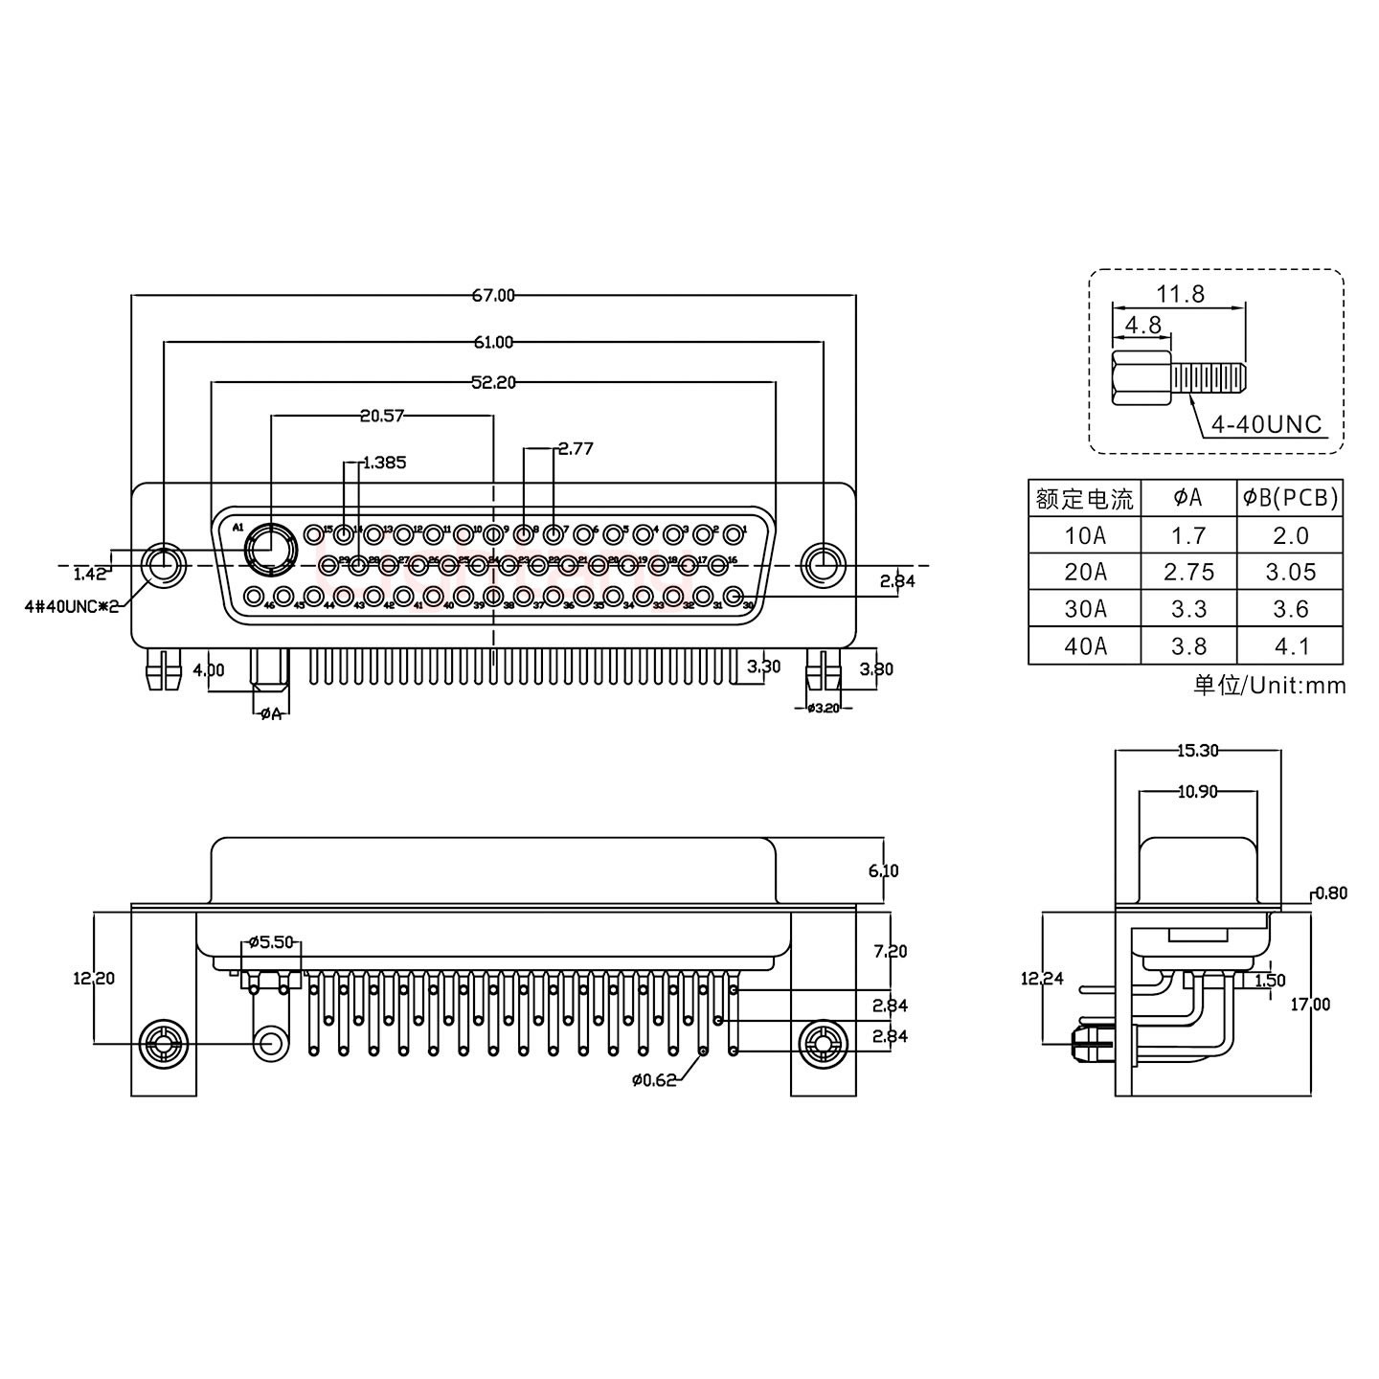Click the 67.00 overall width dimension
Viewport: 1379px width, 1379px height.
tap(493, 296)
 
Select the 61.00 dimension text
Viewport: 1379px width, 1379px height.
tap(493, 342)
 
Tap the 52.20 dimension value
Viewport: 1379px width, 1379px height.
tap(493, 383)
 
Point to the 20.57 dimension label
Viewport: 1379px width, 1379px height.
tap(382, 416)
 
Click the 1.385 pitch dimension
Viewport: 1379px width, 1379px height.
tap(384, 463)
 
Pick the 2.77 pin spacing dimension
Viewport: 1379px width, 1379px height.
tap(576, 448)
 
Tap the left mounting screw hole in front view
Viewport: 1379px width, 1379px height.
tap(164, 565)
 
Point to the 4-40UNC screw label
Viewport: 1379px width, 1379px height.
tap(1266, 425)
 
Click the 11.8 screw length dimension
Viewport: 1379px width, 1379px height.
tap(1180, 294)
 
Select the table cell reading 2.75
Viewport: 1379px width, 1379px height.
tap(1188, 573)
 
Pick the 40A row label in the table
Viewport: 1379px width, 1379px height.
tap(1084, 646)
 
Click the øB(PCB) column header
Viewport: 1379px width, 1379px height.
tap(1290, 498)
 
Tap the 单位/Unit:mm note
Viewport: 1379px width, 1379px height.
tap(1270, 686)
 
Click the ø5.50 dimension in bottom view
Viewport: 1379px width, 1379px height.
tap(270, 941)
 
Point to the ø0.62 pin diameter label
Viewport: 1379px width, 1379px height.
tap(654, 1080)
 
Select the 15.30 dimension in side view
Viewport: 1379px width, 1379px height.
tap(1197, 751)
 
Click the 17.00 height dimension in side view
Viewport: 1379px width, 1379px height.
tap(1309, 1004)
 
